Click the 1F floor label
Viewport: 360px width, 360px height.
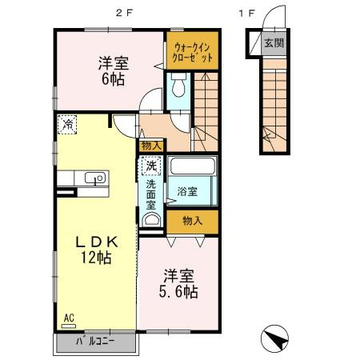pyautogui.click(x=247, y=11)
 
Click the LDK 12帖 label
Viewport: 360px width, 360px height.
pyautogui.click(x=97, y=249)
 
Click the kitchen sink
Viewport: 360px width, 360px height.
pyautogui.click(x=94, y=178)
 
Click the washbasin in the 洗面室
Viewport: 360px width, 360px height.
pyautogui.click(x=150, y=218)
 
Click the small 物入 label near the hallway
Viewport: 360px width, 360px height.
pyautogui.click(x=150, y=145)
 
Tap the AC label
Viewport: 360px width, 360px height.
pyautogui.click(x=68, y=318)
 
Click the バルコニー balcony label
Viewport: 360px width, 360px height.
pyautogui.click(x=96, y=342)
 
